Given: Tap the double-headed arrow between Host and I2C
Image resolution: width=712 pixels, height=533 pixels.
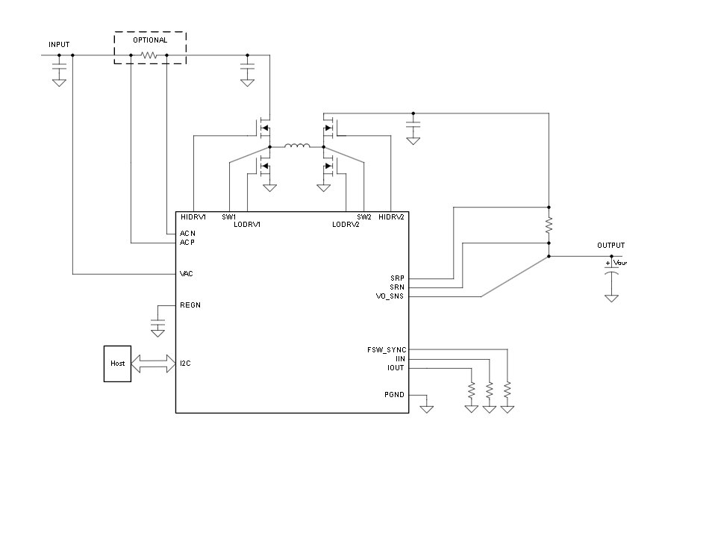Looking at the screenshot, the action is [x=154, y=364].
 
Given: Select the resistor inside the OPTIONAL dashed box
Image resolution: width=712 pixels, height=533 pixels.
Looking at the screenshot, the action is [x=149, y=55].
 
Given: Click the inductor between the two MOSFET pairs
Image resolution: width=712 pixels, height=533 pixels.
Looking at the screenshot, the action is [x=297, y=146].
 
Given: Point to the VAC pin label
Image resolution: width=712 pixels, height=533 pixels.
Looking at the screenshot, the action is [x=186, y=274].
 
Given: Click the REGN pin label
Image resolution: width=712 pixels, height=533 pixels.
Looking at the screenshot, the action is [x=190, y=305].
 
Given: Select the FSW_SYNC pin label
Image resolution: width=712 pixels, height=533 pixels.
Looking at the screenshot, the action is [x=387, y=350].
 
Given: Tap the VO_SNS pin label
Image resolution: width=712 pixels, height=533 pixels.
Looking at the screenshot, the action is [x=390, y=296].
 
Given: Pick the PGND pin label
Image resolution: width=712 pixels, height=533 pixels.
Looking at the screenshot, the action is [x=394, y=395].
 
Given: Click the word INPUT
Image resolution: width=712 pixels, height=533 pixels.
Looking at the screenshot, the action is [x=59, y=45].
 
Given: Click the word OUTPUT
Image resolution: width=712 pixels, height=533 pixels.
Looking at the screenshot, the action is [x=610, y=245].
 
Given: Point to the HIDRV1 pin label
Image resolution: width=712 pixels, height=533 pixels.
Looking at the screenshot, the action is [x=193, y=217].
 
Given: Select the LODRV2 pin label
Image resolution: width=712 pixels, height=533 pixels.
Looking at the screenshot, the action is [x=346, y=224].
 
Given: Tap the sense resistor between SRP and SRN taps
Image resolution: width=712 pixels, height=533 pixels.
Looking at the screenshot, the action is [x=549, y=225].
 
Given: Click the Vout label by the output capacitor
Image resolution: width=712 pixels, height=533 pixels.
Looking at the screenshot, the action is [x=619, y=263].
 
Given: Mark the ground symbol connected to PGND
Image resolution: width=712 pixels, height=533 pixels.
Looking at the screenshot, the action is [x=426, y=409].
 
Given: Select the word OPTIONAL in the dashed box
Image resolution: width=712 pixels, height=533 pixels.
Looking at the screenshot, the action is [x=150, y=40].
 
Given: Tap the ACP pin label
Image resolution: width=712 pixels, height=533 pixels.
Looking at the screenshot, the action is [x=187, y=243].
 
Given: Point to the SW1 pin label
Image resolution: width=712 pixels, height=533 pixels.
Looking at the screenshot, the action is [x=229, y=217].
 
